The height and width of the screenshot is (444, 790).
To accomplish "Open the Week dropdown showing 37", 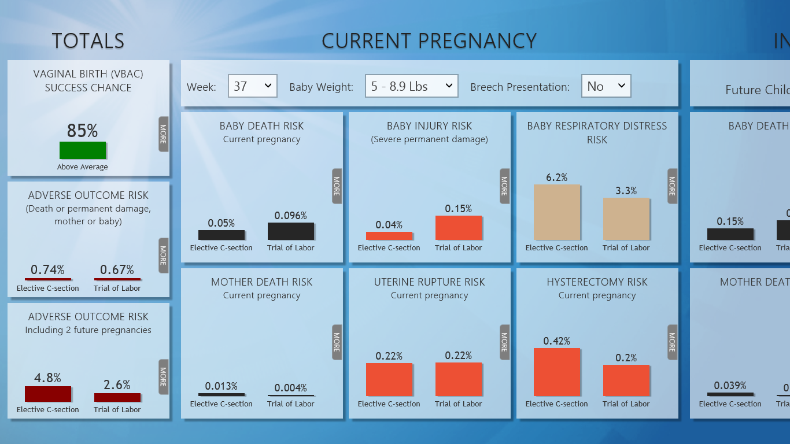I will (253, 86).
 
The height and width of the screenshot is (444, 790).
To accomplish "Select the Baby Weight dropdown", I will (411, 86).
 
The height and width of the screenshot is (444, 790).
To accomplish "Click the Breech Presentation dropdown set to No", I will (606, 86).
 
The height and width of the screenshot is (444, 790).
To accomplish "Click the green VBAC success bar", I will (83, 150).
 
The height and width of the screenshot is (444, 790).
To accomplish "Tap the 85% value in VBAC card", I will (82, 131).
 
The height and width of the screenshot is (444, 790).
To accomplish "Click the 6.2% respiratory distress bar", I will (556, 212).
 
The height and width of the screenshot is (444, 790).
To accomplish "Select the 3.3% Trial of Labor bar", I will (626, 219).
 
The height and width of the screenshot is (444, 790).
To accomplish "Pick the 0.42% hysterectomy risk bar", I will (556, 372).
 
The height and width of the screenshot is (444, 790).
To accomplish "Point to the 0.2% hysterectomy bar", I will (626, 380).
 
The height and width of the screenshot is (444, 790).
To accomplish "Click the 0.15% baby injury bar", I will (459, 228).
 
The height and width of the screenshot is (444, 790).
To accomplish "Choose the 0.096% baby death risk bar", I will (291, 231).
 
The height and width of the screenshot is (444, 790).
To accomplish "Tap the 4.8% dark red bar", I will (48, 394).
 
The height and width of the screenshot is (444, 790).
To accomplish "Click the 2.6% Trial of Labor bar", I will (117, 397).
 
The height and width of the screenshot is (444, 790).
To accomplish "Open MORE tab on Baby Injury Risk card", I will (504, 186).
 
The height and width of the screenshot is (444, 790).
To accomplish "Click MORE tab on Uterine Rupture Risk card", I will (504, 342).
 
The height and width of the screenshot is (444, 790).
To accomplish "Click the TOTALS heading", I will (88, 41).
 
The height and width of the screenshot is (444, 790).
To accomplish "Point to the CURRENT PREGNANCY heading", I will (429, 41).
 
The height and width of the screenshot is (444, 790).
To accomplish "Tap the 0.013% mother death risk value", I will (221, 386).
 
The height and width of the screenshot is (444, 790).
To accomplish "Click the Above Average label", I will (83, 167).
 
